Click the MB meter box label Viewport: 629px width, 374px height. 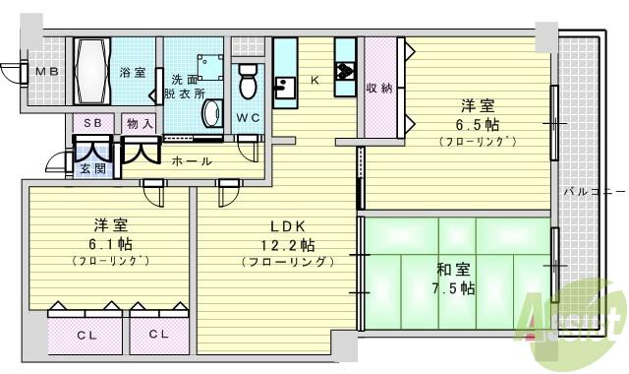(45, 72)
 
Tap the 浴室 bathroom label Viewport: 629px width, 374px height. (132, 72)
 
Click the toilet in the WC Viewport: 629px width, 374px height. (248, 81)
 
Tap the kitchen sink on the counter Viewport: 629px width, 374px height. (283, 91)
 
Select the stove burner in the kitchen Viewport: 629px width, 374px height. (346, 71)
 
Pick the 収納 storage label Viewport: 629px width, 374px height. (379, 89)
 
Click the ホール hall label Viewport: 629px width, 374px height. (191, 160)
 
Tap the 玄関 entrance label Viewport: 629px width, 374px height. (93, 169)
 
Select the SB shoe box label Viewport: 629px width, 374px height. (92, 123)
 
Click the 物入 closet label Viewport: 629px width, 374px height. (140, 123)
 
